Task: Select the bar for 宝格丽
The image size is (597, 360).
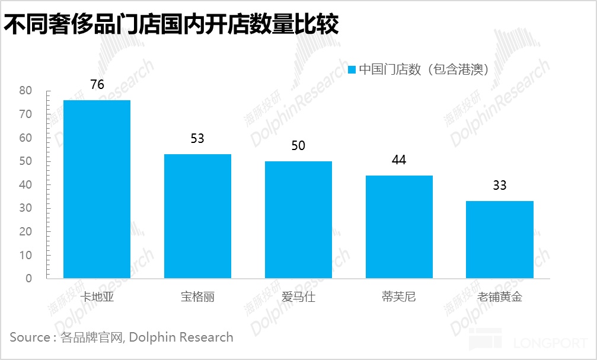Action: [197, 216]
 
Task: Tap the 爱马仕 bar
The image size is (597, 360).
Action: [298, 219]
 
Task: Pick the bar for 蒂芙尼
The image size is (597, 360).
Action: [399, 227]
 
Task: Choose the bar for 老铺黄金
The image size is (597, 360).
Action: [500, 240]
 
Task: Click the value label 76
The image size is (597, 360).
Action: [97, 85]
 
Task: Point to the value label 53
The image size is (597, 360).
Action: [197, 139]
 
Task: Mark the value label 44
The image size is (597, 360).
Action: [399, 160]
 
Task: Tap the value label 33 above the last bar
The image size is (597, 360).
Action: [500, 186]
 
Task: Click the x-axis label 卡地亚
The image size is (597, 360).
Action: [97, 297]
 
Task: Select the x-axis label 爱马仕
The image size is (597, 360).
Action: [298, 297]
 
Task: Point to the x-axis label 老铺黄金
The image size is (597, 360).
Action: [500, 297]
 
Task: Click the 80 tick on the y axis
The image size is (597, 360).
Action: [25, 91]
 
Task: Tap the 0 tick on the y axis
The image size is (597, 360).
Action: [28, 278]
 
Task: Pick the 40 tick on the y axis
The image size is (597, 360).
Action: [25, 184]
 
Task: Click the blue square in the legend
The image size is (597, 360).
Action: [352, 69]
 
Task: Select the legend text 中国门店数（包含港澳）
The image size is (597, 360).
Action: [424, 69]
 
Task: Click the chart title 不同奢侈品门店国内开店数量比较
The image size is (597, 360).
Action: [171, 24]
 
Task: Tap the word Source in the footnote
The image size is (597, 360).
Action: [30, 337]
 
